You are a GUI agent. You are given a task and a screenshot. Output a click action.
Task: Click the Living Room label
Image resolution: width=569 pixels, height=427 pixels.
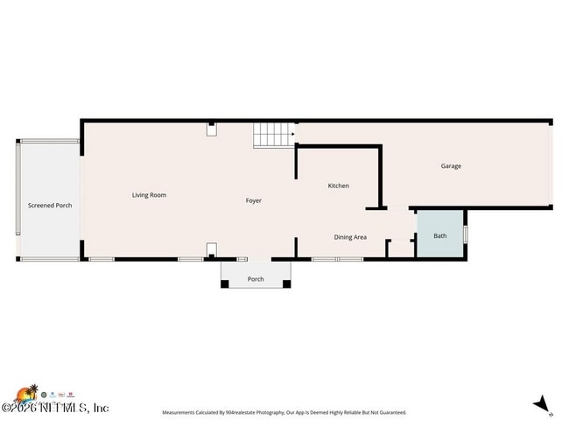149,195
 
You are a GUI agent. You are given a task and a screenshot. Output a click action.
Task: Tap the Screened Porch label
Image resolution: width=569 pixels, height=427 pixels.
50,206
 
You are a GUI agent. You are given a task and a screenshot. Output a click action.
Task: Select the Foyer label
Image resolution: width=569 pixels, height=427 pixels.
254,201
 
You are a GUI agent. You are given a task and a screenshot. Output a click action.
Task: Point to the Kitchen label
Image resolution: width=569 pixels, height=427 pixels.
339,185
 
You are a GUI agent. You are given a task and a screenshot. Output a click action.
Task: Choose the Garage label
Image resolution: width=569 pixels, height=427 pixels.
451,166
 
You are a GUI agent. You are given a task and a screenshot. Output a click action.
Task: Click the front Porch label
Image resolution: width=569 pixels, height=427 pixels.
256,279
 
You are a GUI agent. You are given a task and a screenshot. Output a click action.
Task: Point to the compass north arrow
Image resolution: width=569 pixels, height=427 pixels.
543,403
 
